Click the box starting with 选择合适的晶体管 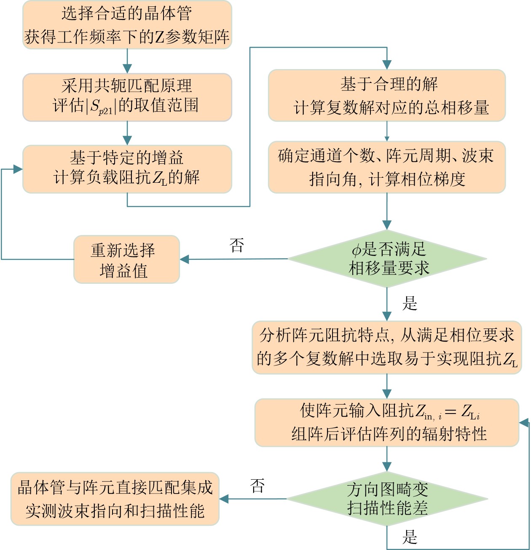coord(127,25)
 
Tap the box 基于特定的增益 coord(127,169)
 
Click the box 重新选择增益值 coord(126,259)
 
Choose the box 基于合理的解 coord(386,96)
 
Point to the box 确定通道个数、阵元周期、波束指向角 coord(386,167)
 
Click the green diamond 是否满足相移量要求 coord(387,259)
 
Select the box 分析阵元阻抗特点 coord(386,347)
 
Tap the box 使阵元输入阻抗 coord(386,422)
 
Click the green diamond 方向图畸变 coord(387,499)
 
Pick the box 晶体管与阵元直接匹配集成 coord(115,499)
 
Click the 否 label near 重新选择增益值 coord(237,245)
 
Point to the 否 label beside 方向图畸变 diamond coord(257,486)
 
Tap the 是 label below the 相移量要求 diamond coord(410,303)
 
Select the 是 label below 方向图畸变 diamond coord(410,537)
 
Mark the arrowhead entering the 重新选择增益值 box coord(185,259)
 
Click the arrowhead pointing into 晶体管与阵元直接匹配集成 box coord(224,499)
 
